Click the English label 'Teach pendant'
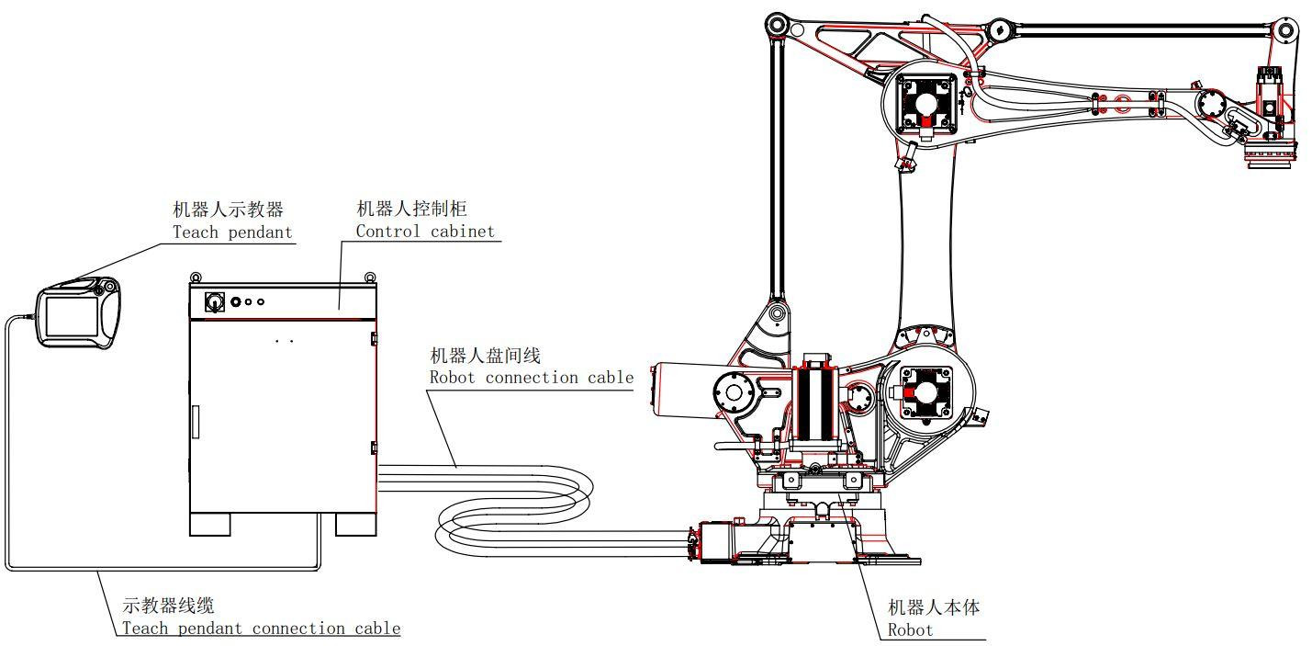point(232,232)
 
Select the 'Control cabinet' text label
point(425,232)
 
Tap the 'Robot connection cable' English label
point(532,378)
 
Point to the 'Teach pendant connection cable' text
point(262,629)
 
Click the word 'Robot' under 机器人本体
point(910,629)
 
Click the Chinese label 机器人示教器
point(229,210)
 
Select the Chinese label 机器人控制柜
point(411,210)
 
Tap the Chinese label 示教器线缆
point(169,606)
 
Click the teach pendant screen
point(68,316)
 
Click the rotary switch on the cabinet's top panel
point(214,300)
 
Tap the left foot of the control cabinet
point(209,524)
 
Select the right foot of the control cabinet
point(355,524)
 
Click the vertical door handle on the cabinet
point(195,422)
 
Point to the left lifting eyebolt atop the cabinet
point(195,276)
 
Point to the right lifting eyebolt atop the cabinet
point(369,276)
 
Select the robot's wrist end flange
point(1271,162)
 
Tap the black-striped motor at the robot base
point(814,403)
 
